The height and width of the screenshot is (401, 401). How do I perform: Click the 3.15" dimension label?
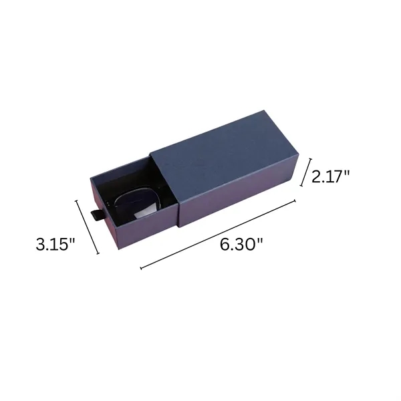pos(55,244)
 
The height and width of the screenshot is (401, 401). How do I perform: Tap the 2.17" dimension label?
pos(330,176)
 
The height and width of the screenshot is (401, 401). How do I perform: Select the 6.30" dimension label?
pos(241,244)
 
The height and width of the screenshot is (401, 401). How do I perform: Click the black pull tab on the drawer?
pos(97,215)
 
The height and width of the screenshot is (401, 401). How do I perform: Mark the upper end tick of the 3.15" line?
pos(76,200)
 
